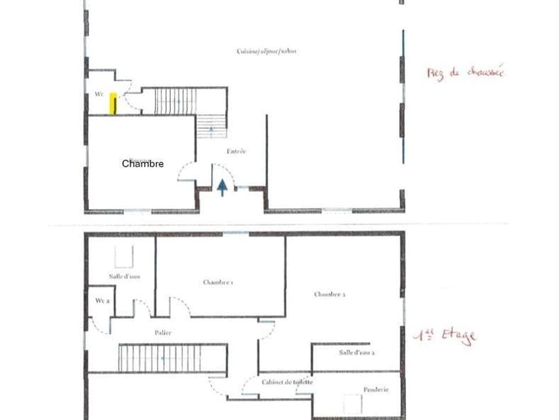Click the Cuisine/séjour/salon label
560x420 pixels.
[267, 51]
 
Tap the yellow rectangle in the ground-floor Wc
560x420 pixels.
[113, 104]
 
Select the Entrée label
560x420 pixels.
[236, 151]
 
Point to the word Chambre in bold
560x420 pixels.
[142, 164]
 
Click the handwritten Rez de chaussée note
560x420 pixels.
[465, 73]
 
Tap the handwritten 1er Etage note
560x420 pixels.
[444, 337]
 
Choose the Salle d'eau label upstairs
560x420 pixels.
[124, 276]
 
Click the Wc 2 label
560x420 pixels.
[103, 300]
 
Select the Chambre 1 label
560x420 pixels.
[218, 282]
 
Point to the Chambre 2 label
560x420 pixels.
[330, 295]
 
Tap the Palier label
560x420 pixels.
[163, 332]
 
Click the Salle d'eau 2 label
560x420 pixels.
[356, 353]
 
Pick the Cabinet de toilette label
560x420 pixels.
[287, 382]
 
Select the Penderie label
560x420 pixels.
[376, 390]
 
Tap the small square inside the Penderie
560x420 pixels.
[353, 404]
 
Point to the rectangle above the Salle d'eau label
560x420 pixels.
[123, 257]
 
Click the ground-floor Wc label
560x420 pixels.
[99, 94]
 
